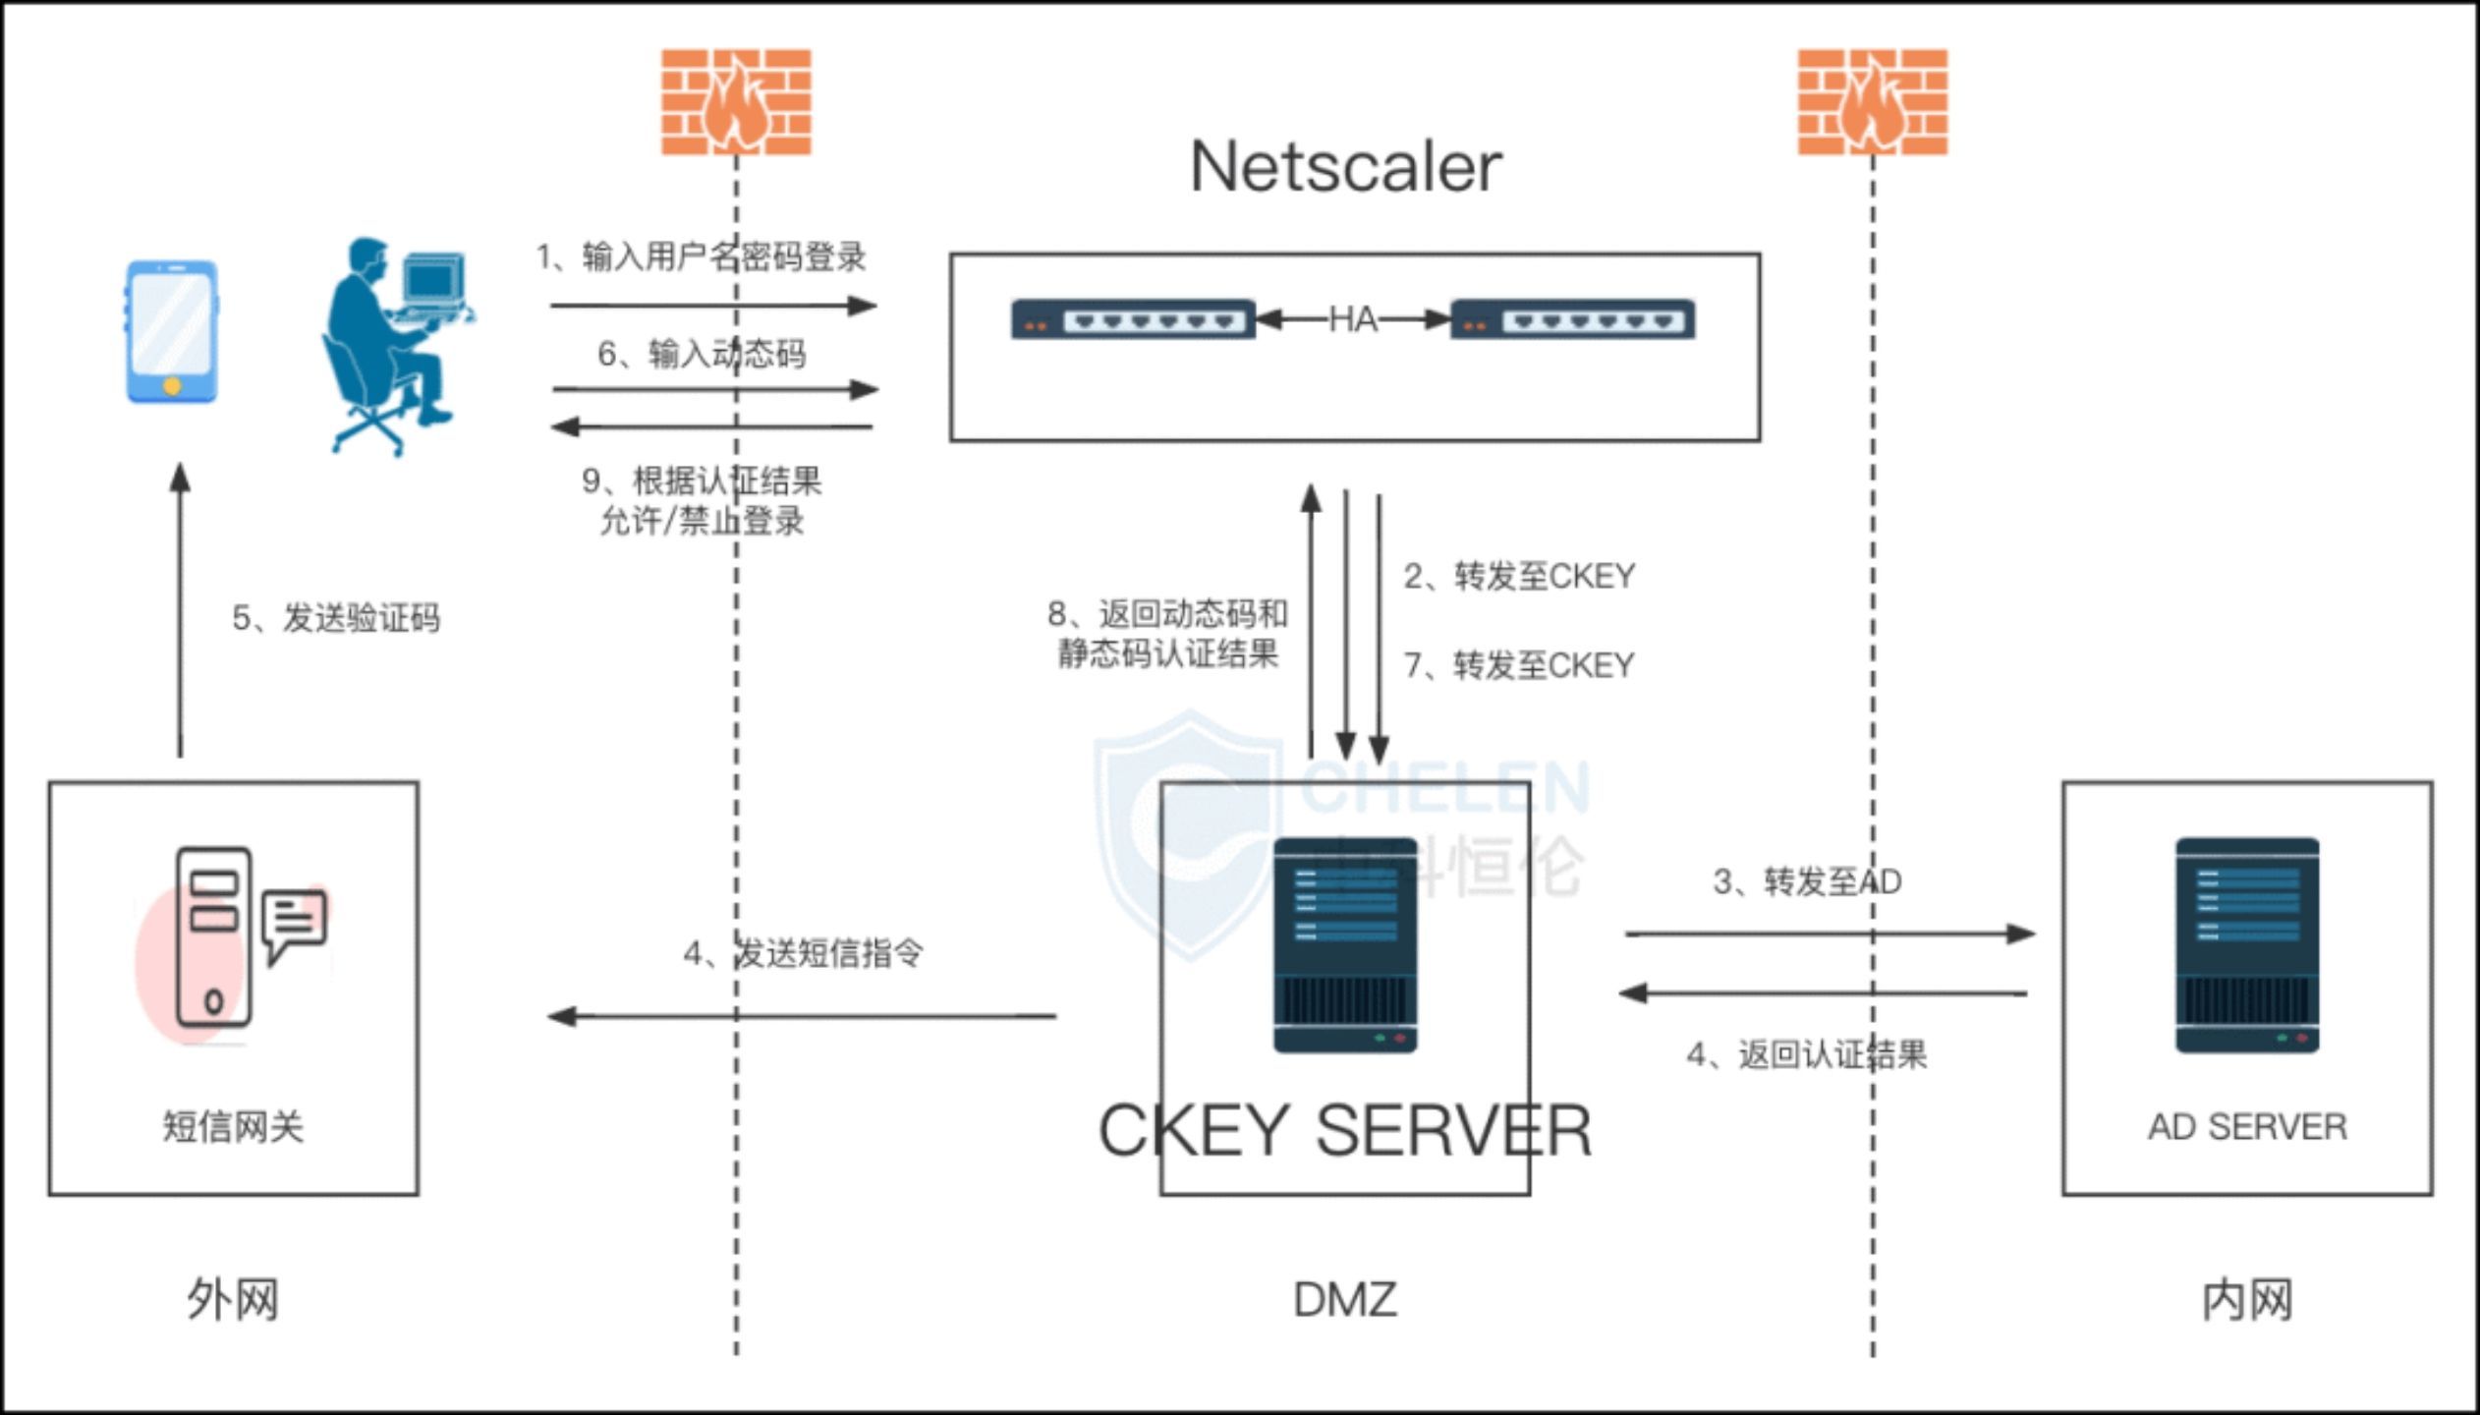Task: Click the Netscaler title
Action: pyautogui.click(x=1345, y=167)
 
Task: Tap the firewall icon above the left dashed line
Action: pyautogui.click(x=736, y=102)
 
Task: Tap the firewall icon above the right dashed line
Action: pyautogui.click(x=1873, y=102)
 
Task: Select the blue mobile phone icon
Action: pyautogui.click(x=172, y=331)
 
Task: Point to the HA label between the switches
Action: pyautogui.click(x=1352, y=319)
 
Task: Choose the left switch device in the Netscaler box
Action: pyautogui.click(x=1133, y=319)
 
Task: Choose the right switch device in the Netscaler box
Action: pyautogui.click(x=1573, y=319)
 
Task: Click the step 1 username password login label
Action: pyautogui.click(x=701, y=256)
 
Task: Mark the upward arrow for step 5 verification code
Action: pyautogui.click(x=180, y=609)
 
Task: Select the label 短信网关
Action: pyautogui.click(x=234, y=1126)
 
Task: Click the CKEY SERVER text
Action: pyautogui.click(x=1344, y=1130)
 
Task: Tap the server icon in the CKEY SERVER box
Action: pyautogui.click(x=1345, y=944)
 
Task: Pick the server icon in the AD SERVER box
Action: pyautogui.click(x=2247, y=944)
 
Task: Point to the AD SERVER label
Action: pyautogui.click(x=2247, y=1126)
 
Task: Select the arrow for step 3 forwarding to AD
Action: pyautogui.click(x=1829, y=934)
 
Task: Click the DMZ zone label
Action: pyautogui.click(x=1344, y=1300)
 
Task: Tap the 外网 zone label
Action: pyautogui.click(x=234, y=1300)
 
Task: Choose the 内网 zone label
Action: pyautogui.click(x=2247, y=1300)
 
